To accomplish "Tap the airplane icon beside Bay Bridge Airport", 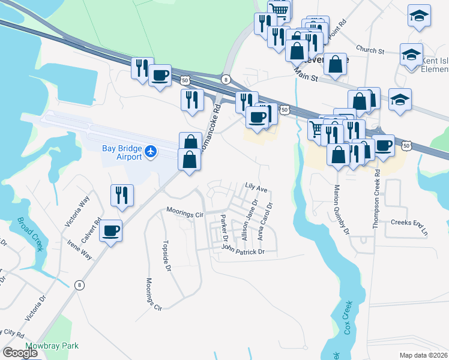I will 151,152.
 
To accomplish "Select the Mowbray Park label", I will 52,346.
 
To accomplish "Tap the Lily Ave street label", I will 256,188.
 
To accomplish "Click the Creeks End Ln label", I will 411,227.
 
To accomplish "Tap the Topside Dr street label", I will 167,257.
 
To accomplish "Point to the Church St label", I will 369,50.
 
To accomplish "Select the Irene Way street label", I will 79,247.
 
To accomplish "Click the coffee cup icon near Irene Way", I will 111,230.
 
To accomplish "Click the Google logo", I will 20,353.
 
